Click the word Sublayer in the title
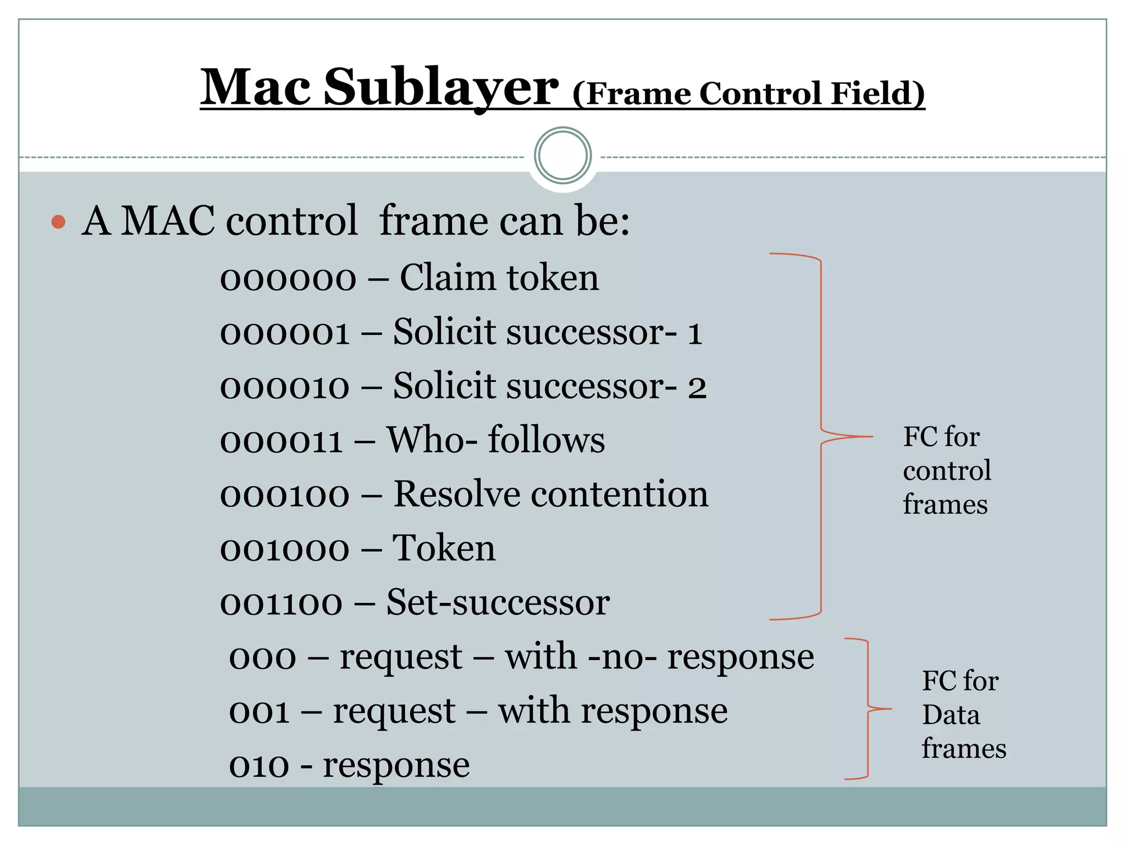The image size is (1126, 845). click(441, 88)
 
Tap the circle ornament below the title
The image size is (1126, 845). click(562, 156)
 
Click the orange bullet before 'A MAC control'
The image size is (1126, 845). click(58, 222)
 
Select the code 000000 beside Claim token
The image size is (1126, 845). click(288, 278)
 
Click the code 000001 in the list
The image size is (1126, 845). click(285, 333)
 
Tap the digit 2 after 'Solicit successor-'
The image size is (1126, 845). click(697, 387)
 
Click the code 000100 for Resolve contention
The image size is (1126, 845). click(285, 495)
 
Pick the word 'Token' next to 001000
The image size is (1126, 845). click(444, 548)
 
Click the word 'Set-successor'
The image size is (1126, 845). click(498, 602)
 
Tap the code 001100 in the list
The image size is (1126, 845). click(281, 603)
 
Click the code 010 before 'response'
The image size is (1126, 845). click(259, 766)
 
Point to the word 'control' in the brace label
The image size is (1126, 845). click(947, 471)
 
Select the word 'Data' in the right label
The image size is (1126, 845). click(951, 715)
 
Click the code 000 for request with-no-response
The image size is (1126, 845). click(262, 658)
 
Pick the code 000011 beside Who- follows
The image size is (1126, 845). click(281, 441)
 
